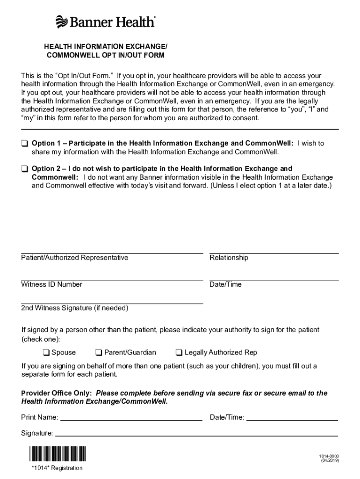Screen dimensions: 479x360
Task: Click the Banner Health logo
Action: (x=105, y=22)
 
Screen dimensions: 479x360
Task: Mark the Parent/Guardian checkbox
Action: (x=99, y=353)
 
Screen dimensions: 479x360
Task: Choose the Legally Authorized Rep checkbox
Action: (x=179, y=353)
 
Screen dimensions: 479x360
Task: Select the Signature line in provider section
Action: (x=196, y=435)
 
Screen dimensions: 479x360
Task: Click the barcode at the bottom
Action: (x=58, y=454)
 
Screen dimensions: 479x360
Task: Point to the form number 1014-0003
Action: (x=329, y=456)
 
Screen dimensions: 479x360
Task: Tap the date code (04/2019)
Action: (x=330, y=461)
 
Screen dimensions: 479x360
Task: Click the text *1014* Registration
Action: (x=57, y=468)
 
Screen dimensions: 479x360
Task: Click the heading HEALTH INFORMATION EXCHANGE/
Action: (x=105, y=47)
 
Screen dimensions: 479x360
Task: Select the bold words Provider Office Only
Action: (x=56, y=393)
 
